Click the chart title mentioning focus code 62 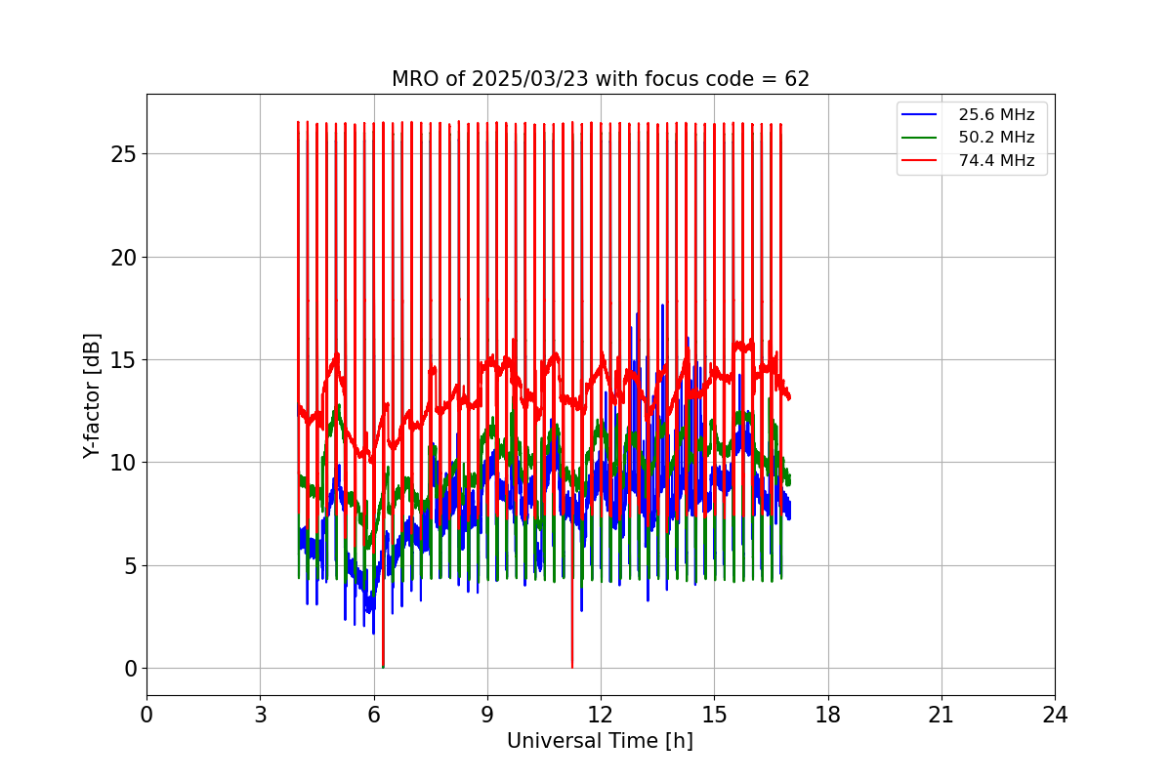(x=600, y=79)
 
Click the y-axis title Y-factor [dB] (x=92, y=395)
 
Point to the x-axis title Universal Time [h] (x=600, y=741)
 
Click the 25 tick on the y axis (x=124, y=154)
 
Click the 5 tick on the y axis (x=130, y=565)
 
